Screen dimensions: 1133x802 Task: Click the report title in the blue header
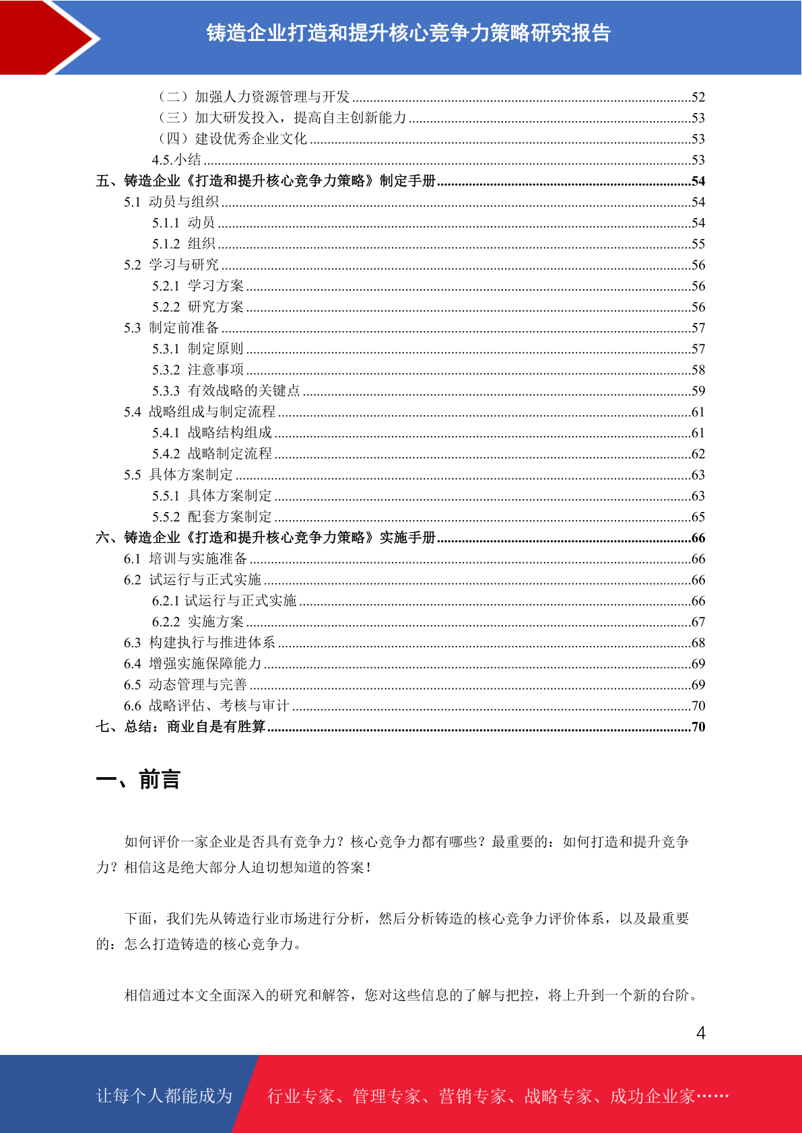408,33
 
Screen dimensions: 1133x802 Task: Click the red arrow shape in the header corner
40,37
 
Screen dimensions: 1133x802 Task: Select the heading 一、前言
138,780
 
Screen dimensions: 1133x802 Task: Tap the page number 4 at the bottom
701,1033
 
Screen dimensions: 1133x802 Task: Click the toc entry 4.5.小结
176,159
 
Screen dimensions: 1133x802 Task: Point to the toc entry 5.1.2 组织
183,244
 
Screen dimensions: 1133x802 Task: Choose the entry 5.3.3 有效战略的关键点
226,391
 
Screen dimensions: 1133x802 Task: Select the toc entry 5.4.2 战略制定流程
212,453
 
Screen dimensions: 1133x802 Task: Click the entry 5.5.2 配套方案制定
212,517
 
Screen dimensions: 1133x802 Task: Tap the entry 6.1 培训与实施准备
185,558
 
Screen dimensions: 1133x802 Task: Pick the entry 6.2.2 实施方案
198,622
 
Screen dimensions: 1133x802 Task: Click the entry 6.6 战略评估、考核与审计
206,706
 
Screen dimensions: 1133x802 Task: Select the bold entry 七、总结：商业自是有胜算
180,727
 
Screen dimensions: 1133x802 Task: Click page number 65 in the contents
698,517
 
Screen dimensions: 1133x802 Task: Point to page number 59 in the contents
698,391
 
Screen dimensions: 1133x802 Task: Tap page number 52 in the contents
698,98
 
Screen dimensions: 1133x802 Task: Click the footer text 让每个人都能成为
164,1096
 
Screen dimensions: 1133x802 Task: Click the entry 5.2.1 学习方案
198,286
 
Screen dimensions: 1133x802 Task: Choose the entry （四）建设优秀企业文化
232,139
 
